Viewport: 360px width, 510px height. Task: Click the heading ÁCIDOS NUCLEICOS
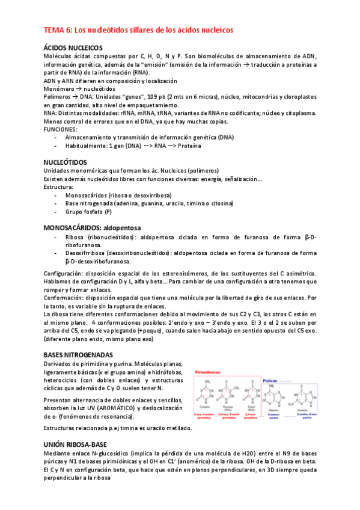coord(73,48)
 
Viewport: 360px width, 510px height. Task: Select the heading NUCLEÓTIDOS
coord(66,162)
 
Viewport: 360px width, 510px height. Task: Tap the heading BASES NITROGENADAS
coord(78,355)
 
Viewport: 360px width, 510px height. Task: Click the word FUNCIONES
coord(61,129)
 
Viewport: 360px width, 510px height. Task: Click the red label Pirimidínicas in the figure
coord(210,372)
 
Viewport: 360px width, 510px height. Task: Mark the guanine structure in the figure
coord(315,394)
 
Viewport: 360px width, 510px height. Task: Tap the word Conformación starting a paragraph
coord(64,298)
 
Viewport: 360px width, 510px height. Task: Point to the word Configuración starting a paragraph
coord(66,274)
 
